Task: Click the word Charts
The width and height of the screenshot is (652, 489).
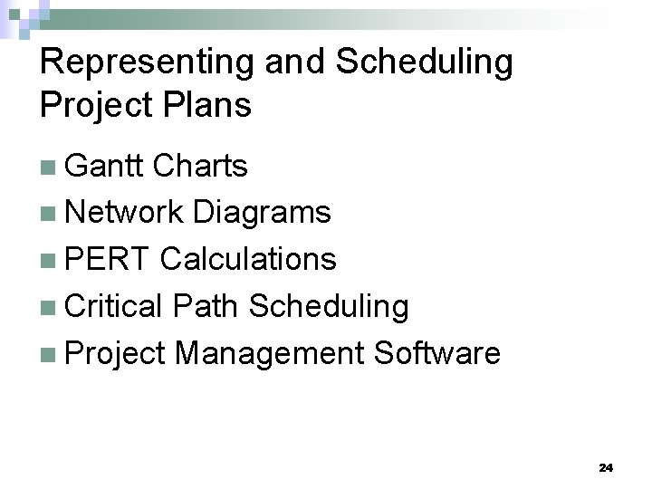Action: (x=200, y=166)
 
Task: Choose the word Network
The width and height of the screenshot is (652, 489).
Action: (x=124, y=213)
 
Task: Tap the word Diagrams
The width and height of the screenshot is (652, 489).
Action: (x=262, y=213)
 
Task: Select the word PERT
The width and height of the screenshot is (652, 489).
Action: (x=109, y=260)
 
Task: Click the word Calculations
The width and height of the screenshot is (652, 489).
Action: (x=248, y=260)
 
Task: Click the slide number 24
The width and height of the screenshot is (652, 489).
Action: (x=606, y=468)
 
